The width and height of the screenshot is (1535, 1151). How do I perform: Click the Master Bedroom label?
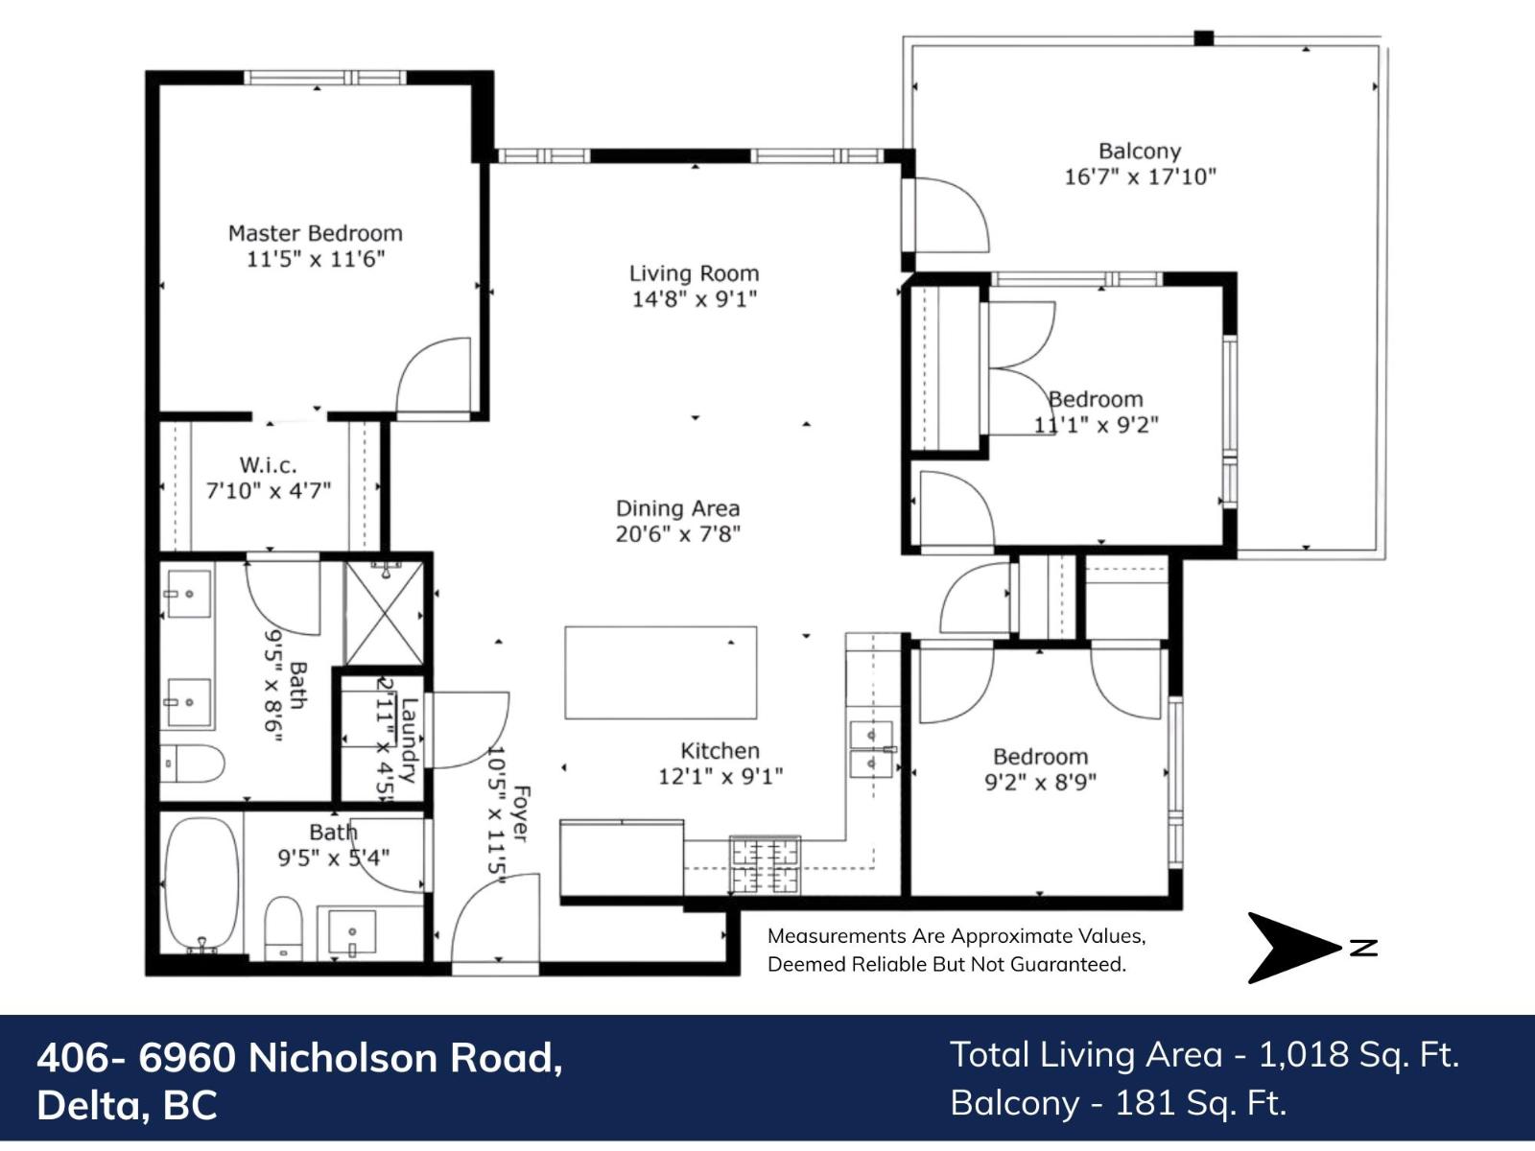[315, 233]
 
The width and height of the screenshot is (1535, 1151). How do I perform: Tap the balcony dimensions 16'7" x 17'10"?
[1140, 176]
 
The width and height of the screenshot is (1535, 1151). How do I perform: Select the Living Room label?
[694, 273]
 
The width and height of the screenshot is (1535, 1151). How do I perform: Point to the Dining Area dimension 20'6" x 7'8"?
[677, 533]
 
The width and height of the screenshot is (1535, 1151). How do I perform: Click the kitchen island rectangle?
[660, 672]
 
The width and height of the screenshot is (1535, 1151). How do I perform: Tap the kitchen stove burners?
[765, 864]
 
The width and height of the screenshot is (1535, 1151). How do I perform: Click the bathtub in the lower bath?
[202, 883]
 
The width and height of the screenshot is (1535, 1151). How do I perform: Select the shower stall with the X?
[384, 614]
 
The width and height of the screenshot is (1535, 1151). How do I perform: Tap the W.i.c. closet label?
[268, 465]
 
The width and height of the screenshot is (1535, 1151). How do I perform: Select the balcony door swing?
[950, 216]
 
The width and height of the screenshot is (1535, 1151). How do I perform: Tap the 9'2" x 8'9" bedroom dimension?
[1040, 782]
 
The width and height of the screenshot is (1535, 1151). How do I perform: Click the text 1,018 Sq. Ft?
[1358, 1054]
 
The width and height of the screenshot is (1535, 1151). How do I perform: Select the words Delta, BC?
[127, 1105]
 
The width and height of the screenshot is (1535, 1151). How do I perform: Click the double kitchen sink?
[871, 749]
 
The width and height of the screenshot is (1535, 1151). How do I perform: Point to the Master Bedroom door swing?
[437, 377]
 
